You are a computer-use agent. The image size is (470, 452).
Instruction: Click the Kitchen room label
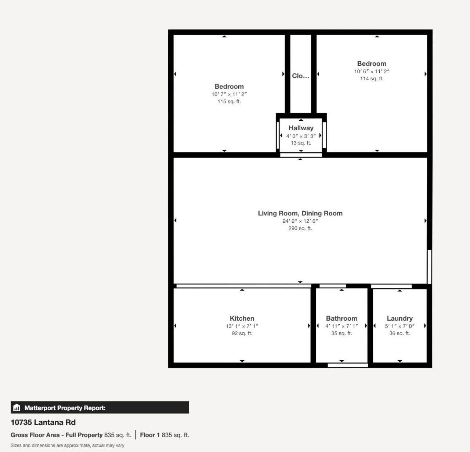(242, 318)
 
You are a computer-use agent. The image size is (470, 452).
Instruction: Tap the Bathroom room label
(341, 318)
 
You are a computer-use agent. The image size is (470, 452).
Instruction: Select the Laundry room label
(399, 318)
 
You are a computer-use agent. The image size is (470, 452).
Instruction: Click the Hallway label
(301, 128)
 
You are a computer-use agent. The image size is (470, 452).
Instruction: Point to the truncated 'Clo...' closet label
(300, 76)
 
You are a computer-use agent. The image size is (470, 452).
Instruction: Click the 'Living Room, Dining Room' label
(300, 213)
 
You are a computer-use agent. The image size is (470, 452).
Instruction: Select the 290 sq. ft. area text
(300, 228)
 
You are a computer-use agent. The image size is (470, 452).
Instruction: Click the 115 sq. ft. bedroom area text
(229, 102)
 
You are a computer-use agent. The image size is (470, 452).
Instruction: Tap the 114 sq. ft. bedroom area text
(372, 79)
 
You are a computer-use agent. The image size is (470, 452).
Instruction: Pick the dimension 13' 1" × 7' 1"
(242, 326)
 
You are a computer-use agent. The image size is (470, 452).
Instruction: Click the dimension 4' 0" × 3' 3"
(301, 136)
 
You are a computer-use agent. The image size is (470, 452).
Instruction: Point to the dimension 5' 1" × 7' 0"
(399, 326)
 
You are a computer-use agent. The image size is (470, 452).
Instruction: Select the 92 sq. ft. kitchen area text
(242, 333)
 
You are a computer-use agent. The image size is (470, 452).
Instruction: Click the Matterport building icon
(17, 408)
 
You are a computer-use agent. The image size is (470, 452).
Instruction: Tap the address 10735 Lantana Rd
(43, 422)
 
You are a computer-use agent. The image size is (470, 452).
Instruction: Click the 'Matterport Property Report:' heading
(65, 408)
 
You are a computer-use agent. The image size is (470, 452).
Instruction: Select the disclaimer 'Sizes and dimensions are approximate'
(67, 445)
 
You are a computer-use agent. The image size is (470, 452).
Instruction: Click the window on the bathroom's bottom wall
(348, 365)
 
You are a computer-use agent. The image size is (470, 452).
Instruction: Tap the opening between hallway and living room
(301, 155)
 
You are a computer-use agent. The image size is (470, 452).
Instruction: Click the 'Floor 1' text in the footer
(150, 435)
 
